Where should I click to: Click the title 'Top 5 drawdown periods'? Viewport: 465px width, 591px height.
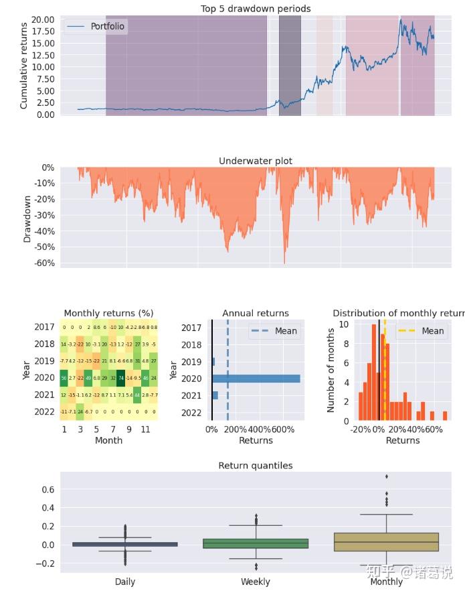point(256,9)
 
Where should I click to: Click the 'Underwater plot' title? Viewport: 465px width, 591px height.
point(256,161)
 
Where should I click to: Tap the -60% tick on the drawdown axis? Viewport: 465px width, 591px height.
point(43,263)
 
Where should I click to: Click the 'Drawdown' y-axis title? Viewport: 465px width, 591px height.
point(27,219)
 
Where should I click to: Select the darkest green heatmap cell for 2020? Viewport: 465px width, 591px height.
point(121,378)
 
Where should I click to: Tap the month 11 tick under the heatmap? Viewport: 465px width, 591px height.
point(146,429)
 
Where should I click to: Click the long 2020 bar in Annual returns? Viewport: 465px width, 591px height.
point(256,379)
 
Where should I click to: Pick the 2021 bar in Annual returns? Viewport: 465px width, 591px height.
point(215,395)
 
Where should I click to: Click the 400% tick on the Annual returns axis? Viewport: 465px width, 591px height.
point(259,429)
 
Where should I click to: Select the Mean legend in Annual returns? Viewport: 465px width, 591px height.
point(274,331)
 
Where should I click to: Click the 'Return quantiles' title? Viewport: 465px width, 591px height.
point(256,466)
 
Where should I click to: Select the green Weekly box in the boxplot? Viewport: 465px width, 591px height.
point(256,543)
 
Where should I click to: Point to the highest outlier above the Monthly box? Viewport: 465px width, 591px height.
point(387,476)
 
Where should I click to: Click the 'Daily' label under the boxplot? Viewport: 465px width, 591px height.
point(125,582)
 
